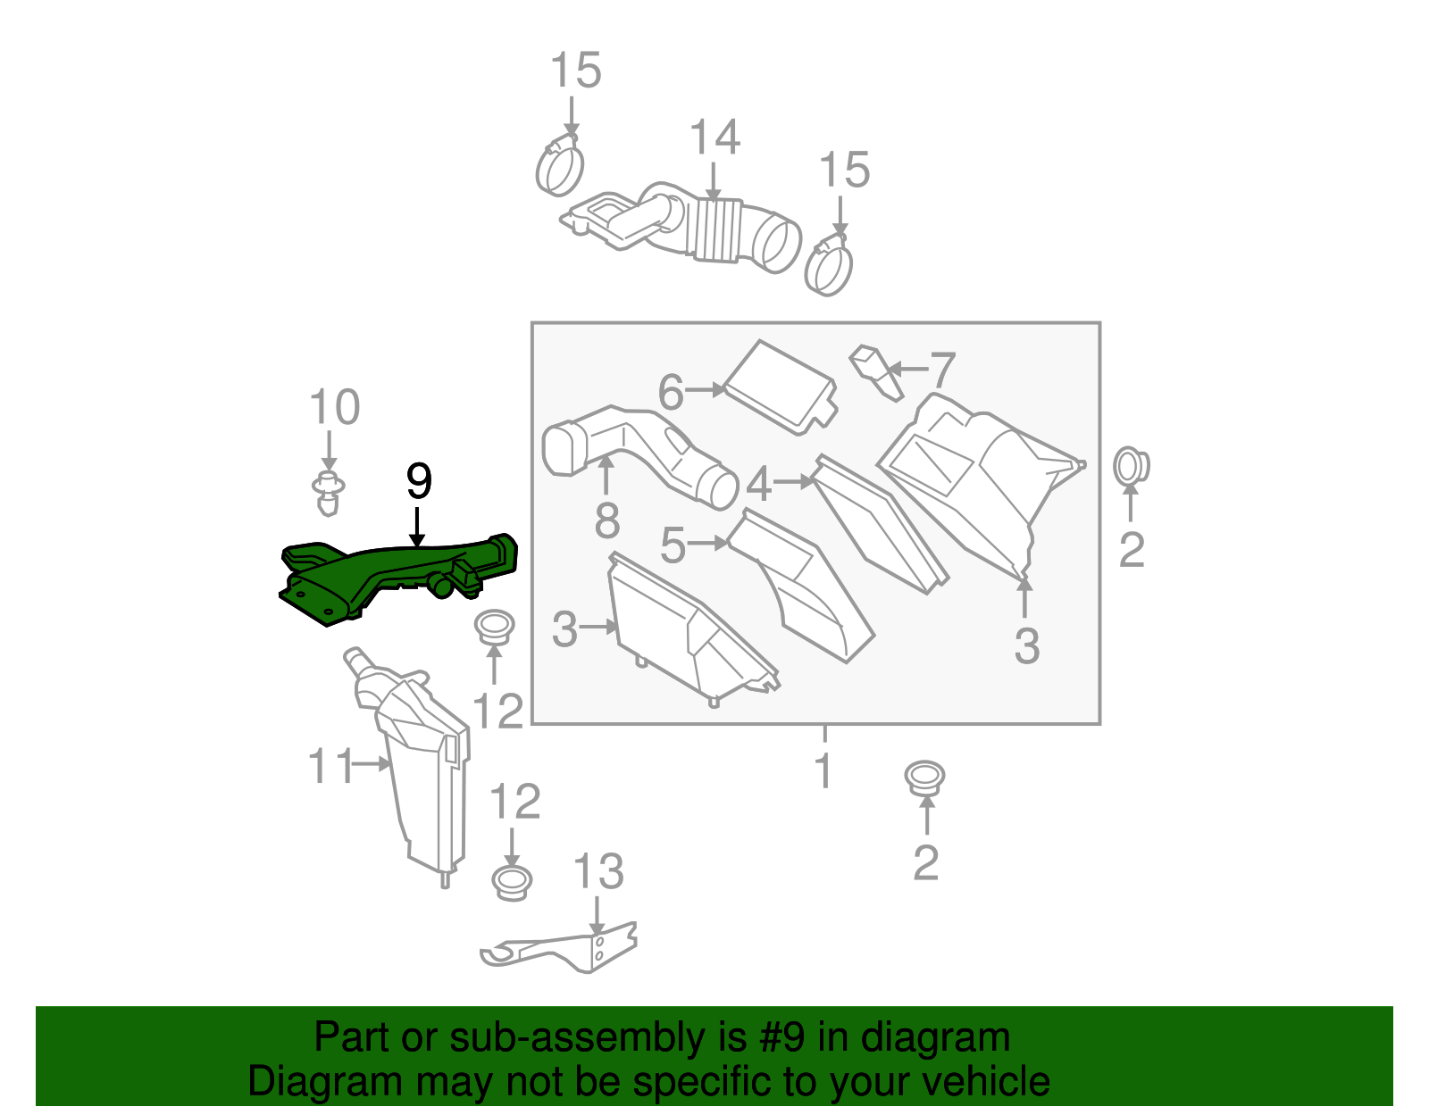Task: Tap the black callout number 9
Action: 419,482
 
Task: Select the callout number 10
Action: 335,408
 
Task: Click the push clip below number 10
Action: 329,493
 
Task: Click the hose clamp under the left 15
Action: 559,169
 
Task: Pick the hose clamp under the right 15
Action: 829,266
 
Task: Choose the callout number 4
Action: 758,484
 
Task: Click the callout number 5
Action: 673,545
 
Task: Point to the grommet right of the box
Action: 1131,466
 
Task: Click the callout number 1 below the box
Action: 823,771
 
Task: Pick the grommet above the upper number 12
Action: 493,627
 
